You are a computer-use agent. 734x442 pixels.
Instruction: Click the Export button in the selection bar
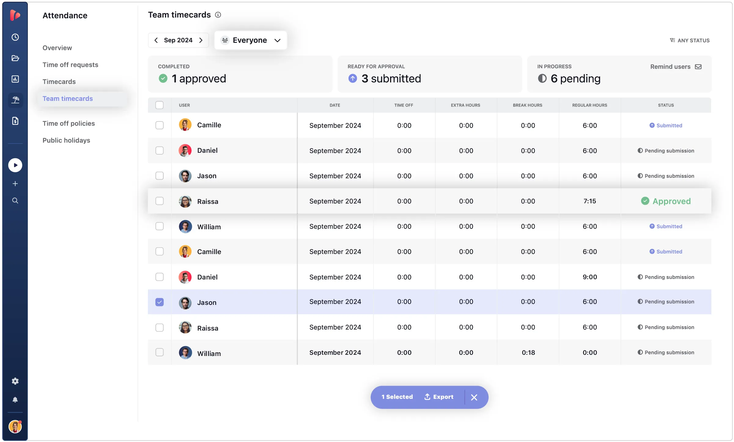point(439,397)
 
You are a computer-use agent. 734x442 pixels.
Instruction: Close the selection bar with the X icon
point(474,397)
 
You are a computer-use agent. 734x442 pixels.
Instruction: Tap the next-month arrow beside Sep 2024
point(201,40)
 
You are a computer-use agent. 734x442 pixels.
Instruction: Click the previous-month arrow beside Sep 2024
point(156,40)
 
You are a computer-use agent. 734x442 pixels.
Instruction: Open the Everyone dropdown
point(251,40)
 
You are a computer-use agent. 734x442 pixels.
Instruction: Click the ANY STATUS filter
point(690,40)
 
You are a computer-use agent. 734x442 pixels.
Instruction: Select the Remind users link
point(676,67)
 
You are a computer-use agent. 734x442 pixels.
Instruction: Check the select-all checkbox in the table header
point(159,105)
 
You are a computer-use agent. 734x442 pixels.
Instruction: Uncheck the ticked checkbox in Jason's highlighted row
point(159,302)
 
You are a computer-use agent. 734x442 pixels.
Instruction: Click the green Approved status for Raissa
point(666,201)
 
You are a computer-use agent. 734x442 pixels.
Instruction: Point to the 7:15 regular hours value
point(589,201)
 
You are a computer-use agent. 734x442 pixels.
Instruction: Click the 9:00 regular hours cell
point(589,277)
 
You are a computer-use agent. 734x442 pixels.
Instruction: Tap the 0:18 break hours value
point(528,353)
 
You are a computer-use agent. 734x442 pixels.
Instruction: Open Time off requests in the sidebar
point(70,65)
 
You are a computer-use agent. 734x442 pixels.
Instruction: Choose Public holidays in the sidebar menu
point(66,140)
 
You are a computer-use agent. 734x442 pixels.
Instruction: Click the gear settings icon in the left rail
point(15,381)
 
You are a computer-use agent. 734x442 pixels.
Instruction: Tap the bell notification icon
point(15,400)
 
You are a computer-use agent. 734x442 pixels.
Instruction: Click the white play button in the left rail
point(15,165)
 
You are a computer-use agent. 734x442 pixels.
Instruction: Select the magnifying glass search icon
point(15,200)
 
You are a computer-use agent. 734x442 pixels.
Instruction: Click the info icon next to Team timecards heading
point(218,15)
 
